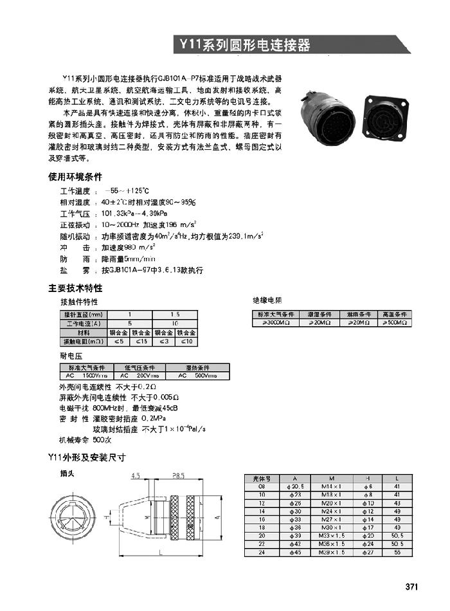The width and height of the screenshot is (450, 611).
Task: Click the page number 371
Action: point(411,587)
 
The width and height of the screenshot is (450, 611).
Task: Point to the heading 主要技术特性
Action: point(75,288)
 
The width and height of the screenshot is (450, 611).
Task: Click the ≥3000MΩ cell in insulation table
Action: point(274,322)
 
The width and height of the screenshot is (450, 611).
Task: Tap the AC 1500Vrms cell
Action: point(86,375)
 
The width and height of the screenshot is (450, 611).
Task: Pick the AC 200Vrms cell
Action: point(139,375)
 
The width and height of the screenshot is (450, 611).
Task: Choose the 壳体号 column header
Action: point(261,479)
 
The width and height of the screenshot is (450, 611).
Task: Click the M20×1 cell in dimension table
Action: point(330,502)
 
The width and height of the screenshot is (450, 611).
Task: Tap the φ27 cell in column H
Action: point(369,552)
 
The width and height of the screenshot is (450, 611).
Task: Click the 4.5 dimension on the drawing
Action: point(136,477)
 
